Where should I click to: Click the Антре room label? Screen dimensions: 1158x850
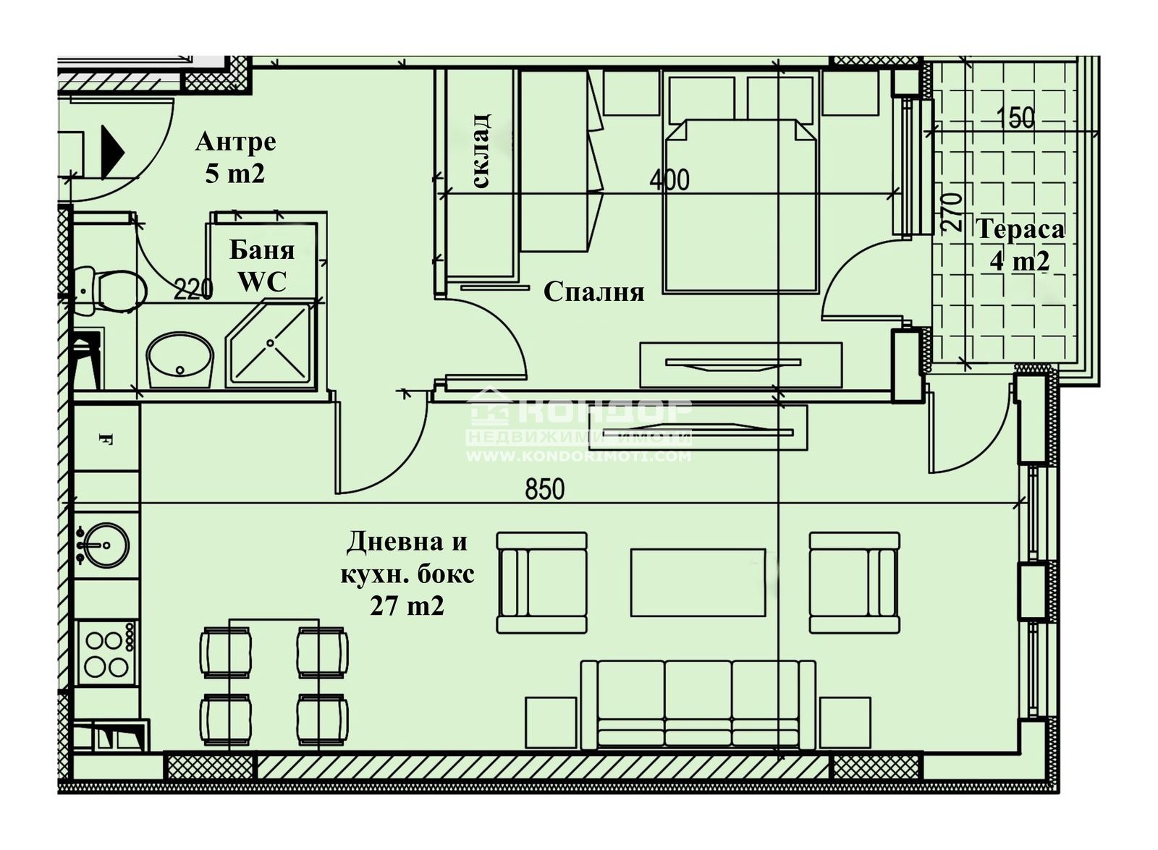(236, 143)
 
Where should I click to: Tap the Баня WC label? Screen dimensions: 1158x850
(261, 267)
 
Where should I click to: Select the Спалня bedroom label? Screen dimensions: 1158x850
(594, 292)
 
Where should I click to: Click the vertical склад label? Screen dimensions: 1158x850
(481, 151)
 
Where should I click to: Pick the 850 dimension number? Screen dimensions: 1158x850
(545, 489)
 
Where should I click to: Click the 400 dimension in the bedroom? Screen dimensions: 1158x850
(669, 180)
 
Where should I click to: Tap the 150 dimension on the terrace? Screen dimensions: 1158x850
(1016, 118)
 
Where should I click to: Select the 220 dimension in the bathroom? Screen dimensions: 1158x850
(193, 289)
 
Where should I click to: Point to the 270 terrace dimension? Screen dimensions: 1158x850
(952, 211)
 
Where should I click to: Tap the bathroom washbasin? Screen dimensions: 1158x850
(180, 360)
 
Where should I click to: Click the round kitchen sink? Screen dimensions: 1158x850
(104, 545)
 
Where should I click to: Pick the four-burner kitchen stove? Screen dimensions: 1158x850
(108, 653)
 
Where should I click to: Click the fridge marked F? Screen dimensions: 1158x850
(106, 438)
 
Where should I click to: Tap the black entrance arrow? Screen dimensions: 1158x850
(113, 153)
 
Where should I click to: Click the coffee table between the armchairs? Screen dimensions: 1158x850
(698, 582)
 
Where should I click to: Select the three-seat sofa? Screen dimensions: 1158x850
(698, 705)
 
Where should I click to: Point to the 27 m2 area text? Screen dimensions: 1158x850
(407, 605)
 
